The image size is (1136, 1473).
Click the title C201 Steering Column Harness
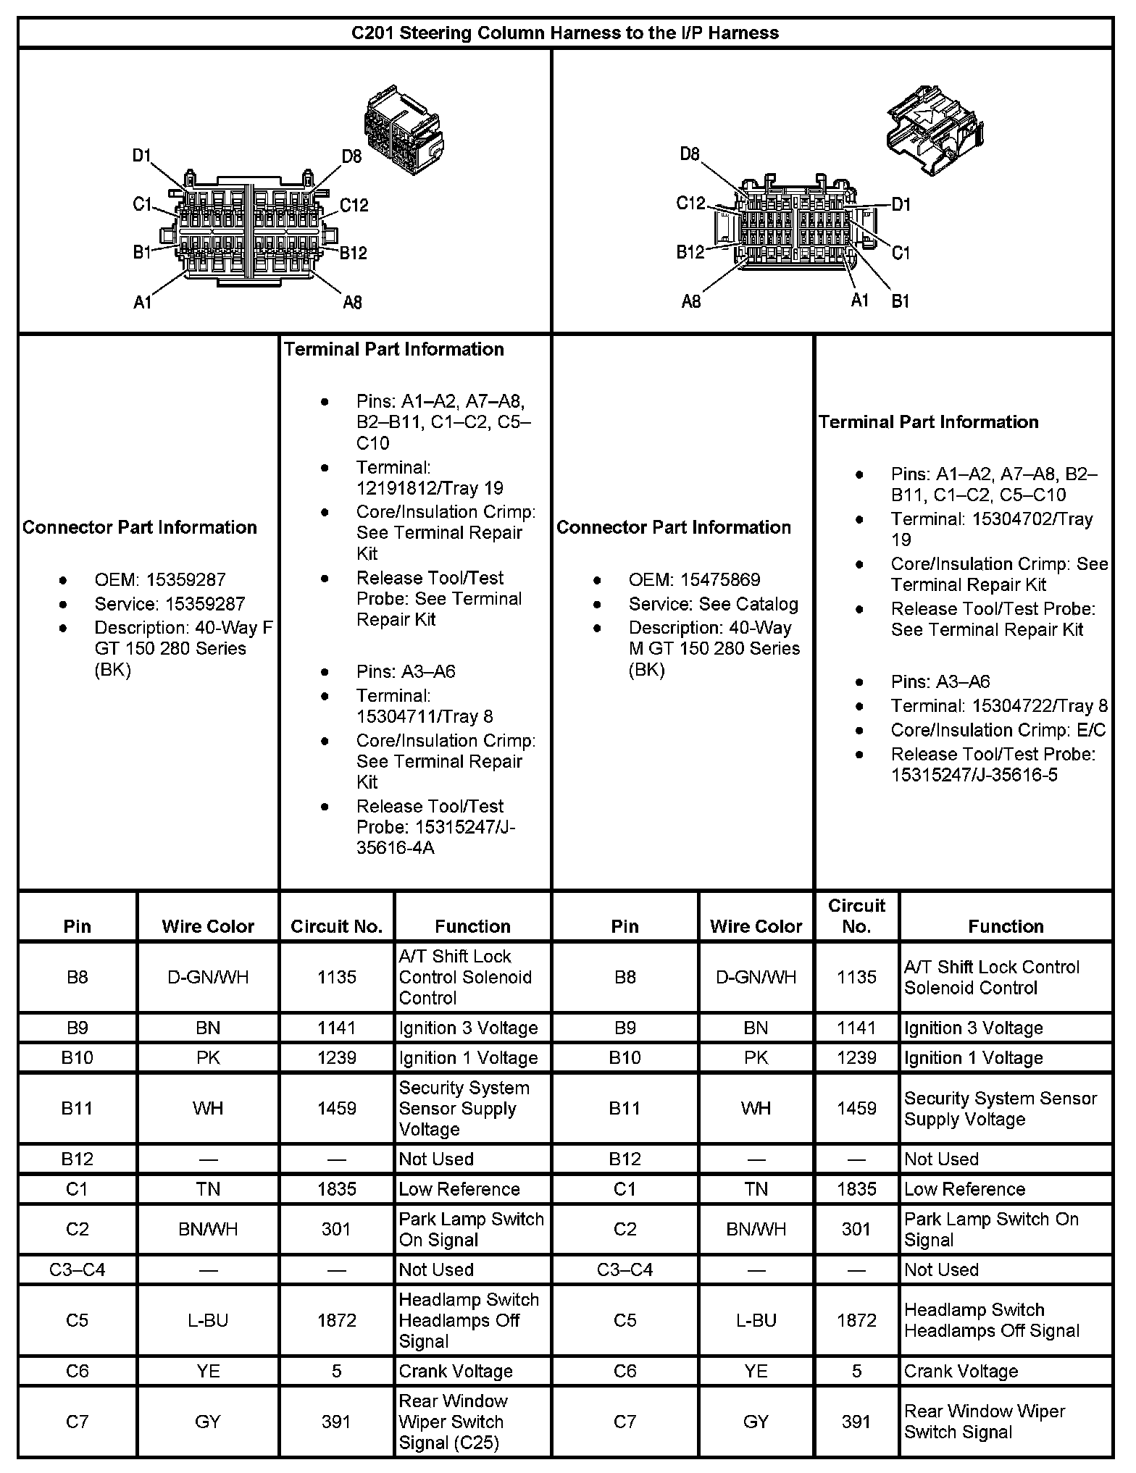click(x=564, y=33)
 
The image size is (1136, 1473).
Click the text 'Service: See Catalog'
click(x=713, y=604)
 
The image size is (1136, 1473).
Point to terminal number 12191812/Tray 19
click(x=429, y=488)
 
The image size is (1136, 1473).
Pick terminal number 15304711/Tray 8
click(x=424, y=716)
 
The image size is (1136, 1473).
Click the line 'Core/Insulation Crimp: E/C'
click(x=998, y=729)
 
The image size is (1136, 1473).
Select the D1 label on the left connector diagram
click(x=141, y=155)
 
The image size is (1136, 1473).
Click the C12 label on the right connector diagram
click(x=690, y=203)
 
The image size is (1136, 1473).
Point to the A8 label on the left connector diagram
click(x=352, y=302)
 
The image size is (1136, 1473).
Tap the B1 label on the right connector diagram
click(x=900, y=301)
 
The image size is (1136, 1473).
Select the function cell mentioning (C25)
click(x=453, y=1422)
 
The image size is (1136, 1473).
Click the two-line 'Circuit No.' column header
click(x=856, y=915)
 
